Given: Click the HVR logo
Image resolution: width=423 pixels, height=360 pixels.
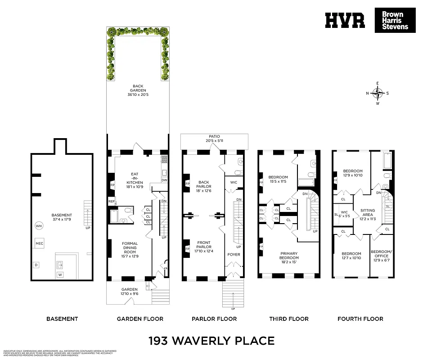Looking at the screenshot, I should click(x=345, y=21).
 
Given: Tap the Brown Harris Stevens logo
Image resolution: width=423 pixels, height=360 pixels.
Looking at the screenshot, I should click(x=395, y=21).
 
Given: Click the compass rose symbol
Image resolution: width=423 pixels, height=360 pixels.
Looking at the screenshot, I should click(x=378, y=93).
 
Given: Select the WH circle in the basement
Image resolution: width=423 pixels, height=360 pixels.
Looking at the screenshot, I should click(x=39, y=226).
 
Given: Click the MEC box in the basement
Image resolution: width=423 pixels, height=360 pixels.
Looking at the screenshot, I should click(x=39, y=243).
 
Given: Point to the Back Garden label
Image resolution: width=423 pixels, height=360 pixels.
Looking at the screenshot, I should click(x=138, y=90).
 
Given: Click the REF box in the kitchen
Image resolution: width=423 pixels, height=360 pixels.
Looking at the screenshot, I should click(x=111, y=202).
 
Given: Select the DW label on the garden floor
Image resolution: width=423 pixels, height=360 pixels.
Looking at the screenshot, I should click(x=164, y=180).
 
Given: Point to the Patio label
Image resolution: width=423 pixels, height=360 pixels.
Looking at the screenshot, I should click(x=214, y=138).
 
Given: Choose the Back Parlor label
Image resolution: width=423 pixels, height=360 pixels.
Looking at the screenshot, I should click(x=204, y=186).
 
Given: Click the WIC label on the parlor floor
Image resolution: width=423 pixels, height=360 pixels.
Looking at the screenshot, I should click(x=233, y=182).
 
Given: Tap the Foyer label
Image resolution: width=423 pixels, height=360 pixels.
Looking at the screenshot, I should click(x=234, y=255).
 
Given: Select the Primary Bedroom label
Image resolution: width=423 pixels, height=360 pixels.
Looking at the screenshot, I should click(x=289, y=256).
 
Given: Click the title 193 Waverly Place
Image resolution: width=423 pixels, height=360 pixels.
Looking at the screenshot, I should click(x=211, y=340).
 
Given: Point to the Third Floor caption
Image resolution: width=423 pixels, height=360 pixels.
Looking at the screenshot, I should click(x=289, y=319).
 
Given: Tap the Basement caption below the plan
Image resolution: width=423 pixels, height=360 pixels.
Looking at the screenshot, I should click(x=62, y=319).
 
